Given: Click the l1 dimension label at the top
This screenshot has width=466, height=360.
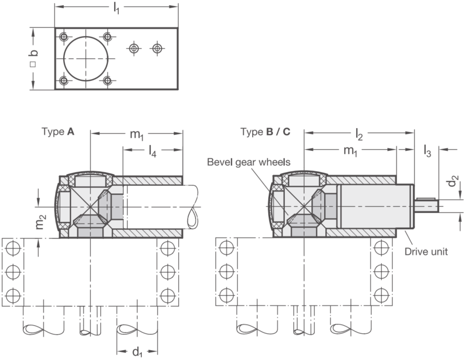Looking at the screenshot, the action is tap(116, 9).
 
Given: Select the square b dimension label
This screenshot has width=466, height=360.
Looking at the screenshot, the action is tap(34, 58).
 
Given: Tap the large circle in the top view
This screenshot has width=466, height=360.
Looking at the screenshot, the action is tap(86, 59).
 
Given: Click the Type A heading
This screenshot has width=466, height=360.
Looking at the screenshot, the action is tap(58, 132).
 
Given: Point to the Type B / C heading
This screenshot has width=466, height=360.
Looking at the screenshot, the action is tap(265, 132).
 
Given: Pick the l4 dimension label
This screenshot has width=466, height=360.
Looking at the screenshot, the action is tap(153, 151).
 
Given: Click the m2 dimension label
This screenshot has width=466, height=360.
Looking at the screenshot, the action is tap(41, 222).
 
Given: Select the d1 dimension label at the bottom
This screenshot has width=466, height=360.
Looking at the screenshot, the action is tap(137, 352).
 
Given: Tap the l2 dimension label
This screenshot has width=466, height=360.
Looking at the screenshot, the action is tap(359, 134).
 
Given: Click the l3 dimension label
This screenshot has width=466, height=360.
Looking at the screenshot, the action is tap(427, 151).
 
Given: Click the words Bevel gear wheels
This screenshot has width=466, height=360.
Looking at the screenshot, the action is tap(249, 163).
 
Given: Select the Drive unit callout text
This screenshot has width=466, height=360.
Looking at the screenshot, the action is tap(426, 251).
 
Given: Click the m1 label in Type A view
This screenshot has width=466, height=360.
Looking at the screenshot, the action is tap(137, 135).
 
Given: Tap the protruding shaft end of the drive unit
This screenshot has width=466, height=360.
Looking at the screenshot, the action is tap(426, 205).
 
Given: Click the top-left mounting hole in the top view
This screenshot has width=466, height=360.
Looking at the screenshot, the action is tap(64, 37).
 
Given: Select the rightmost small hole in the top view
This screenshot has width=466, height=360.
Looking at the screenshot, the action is tap(157, 48).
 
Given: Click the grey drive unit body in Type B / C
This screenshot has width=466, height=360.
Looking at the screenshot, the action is tap(375, 206).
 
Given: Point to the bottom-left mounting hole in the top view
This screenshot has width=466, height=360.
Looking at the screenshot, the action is tap(64, 81).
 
